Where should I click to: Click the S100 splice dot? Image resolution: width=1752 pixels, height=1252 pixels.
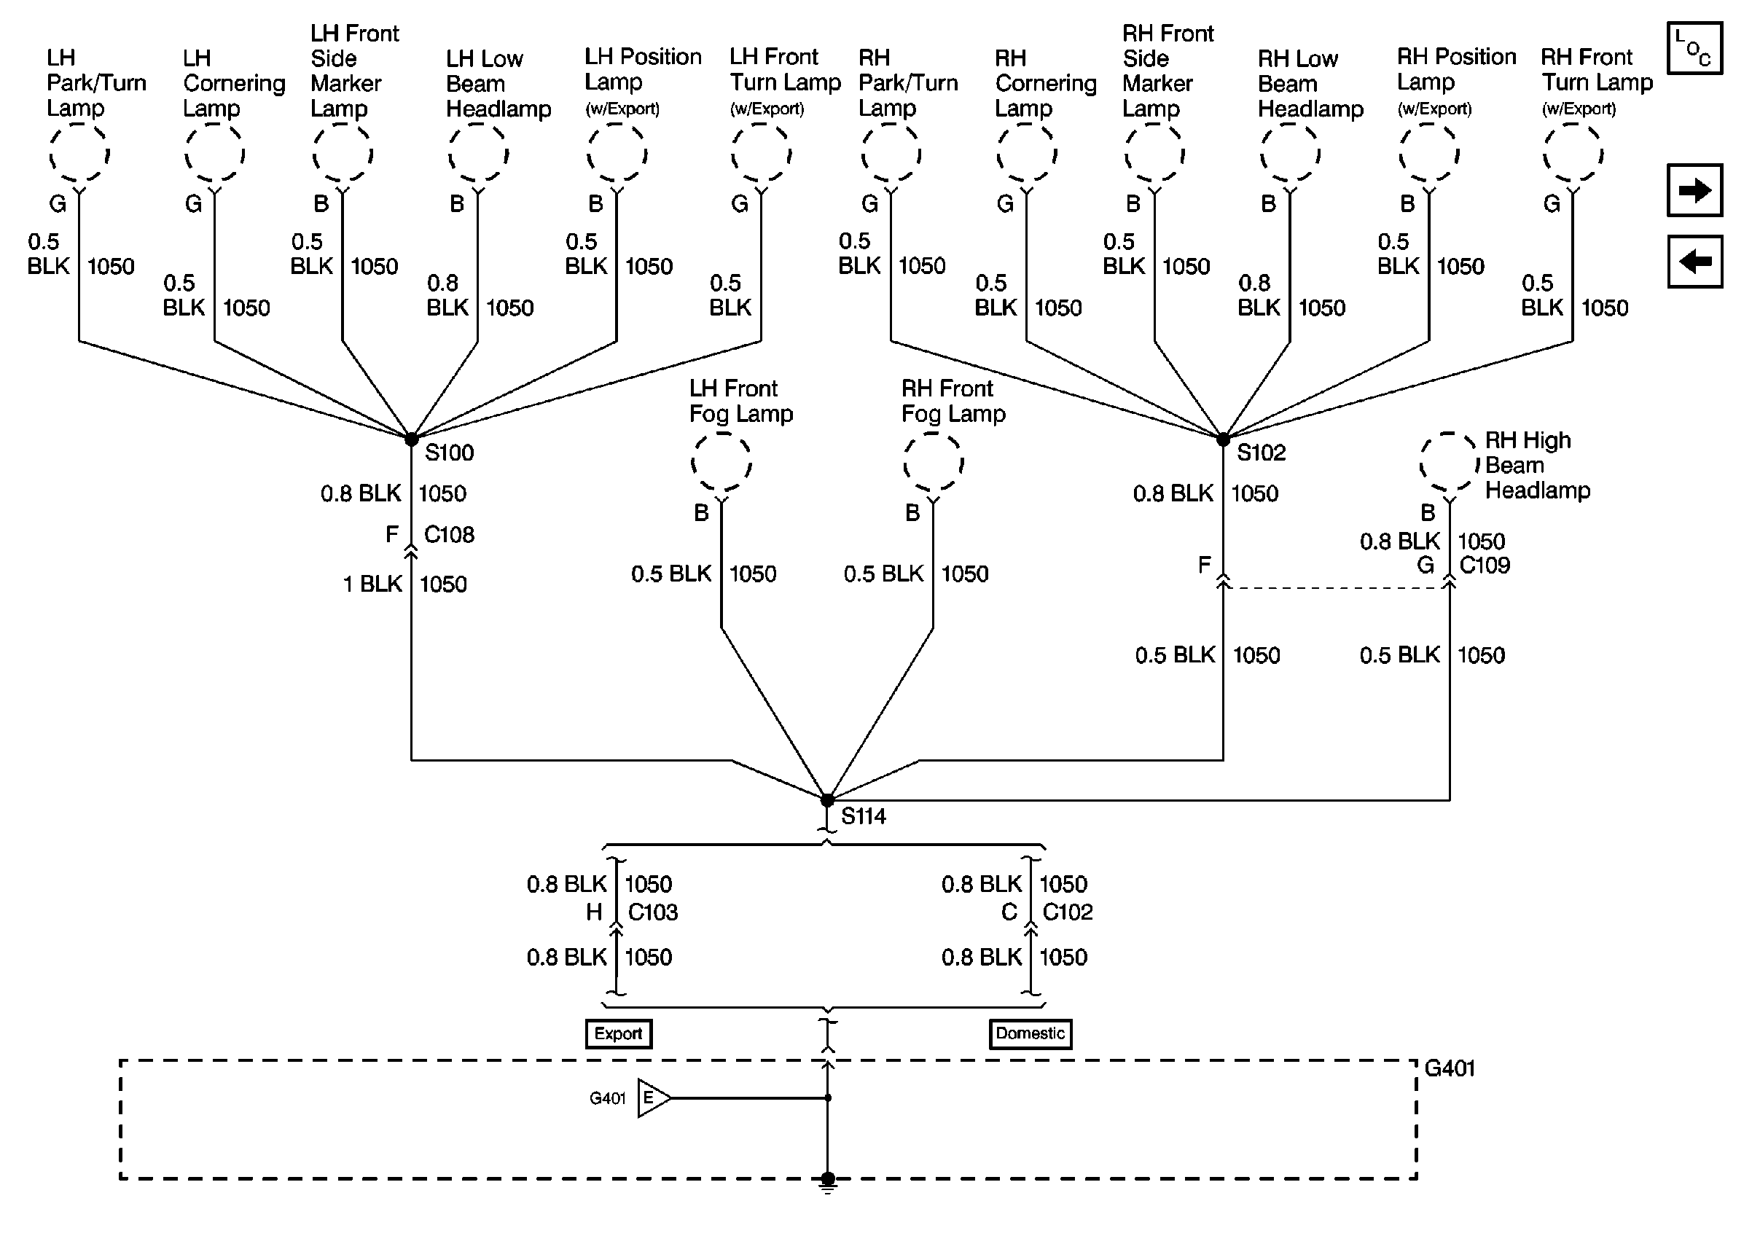pos(412,439)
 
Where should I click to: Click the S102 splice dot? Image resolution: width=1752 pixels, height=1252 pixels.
pos(1223,439)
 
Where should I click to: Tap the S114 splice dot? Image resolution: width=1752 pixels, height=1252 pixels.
pos(827,800)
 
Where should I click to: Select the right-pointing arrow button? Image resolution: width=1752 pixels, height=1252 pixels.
pos(1694,189)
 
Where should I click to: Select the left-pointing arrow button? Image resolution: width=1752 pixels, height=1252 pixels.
pos(1694,262)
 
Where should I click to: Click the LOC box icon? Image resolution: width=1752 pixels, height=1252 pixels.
pos(1694,48)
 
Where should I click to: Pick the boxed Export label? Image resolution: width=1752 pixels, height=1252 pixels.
pos(618,1033)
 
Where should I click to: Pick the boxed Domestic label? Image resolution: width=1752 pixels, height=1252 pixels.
pos(1030,1033)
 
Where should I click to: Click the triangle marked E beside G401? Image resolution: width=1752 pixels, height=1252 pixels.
pos(653,1098)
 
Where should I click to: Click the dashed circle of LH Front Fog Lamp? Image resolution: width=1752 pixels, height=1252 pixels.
pos(721,462)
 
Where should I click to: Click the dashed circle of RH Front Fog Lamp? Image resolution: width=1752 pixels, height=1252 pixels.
pos(934,462)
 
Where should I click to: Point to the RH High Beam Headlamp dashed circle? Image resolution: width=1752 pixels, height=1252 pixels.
pos(1450,463)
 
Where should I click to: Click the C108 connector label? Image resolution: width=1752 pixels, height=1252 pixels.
pos(450,534)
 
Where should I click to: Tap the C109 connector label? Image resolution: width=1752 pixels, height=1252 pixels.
pos(1485,565)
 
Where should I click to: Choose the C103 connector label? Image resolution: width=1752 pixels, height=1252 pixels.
pos(653,912)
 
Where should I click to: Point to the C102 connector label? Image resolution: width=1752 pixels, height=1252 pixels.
pos(1068,912)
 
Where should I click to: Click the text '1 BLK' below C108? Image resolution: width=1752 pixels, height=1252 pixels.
pos(372,584)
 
